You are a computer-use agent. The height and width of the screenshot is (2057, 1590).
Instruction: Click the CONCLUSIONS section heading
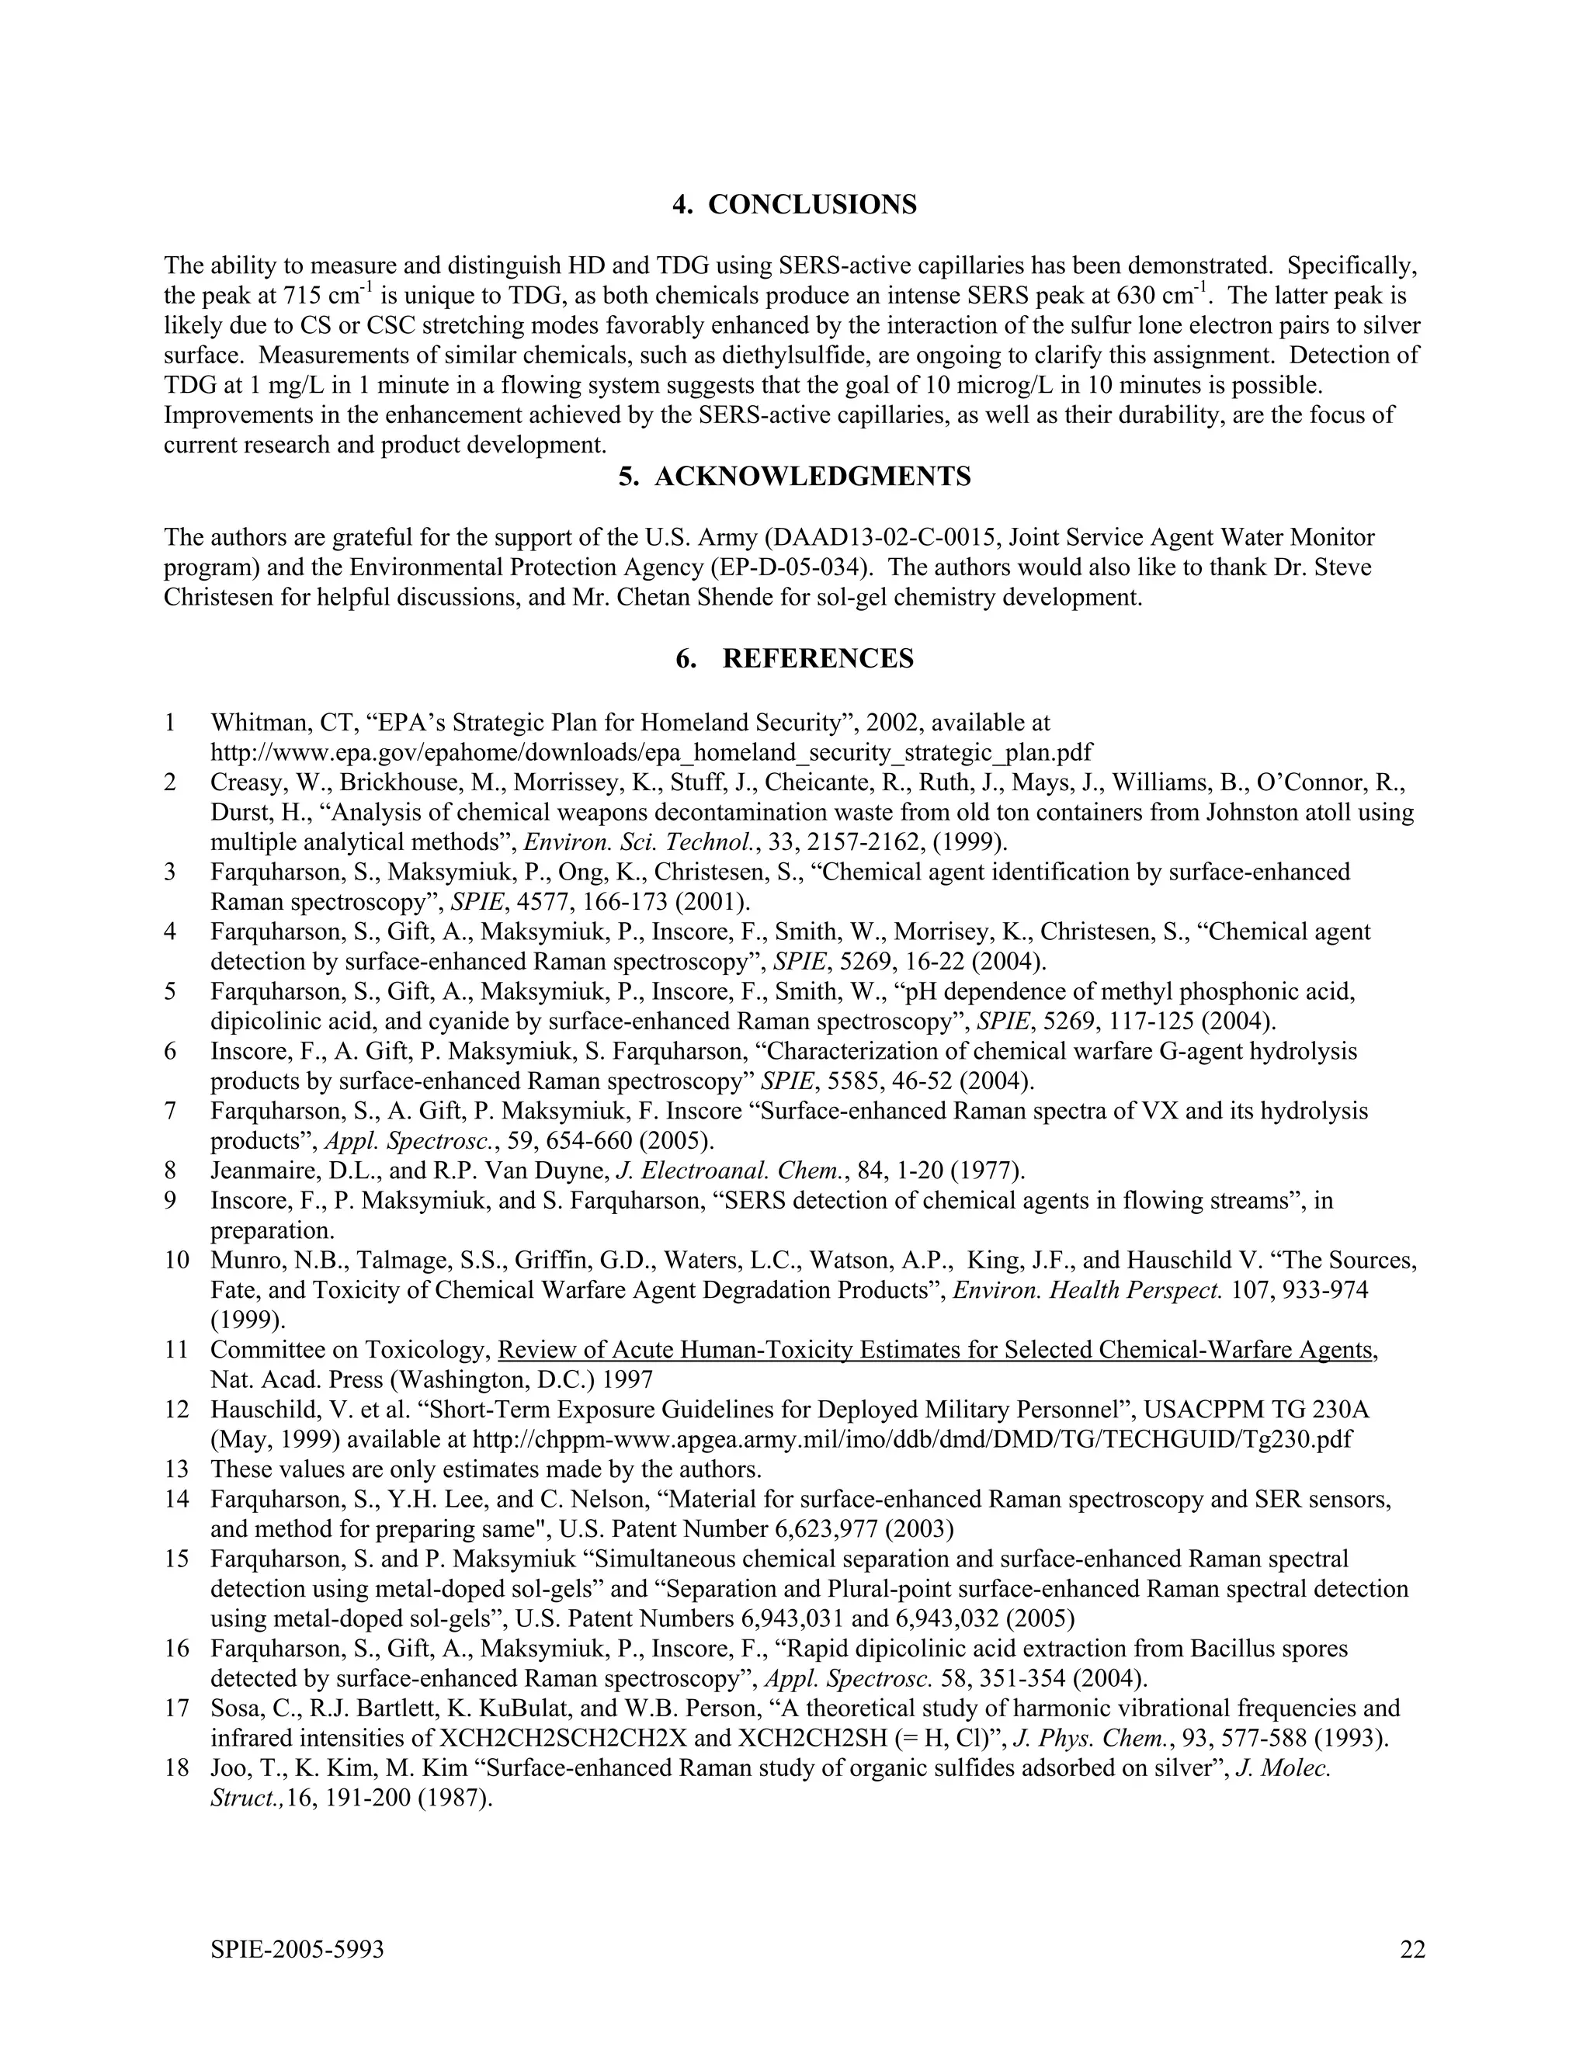(794, 204)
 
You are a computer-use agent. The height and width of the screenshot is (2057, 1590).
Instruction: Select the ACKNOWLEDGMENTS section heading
(794, 477)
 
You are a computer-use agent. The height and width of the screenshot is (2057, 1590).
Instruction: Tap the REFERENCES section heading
(794, 658)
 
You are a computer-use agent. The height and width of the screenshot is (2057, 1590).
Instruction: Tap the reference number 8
(171, 1171)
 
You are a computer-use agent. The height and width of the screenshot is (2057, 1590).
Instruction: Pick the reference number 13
(176, 1469)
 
